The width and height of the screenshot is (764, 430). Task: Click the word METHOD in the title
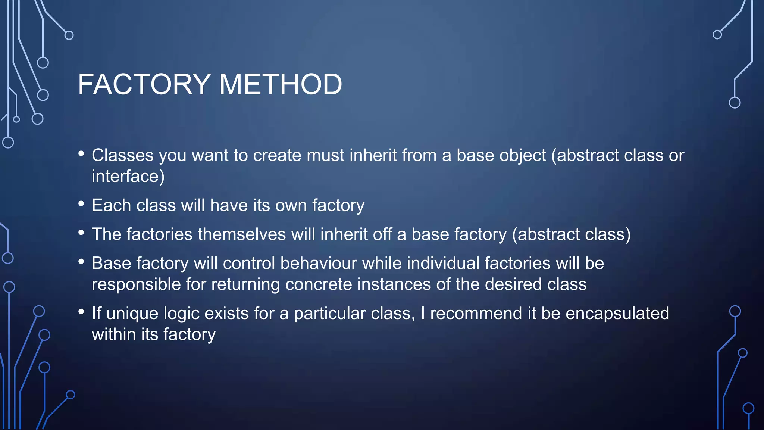pyautogui.click(x=281, y=84)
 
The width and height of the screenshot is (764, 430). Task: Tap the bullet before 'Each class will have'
pyautogui.click(x=81, y=204)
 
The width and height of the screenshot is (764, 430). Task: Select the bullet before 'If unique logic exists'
pyautogui.click(x=81, y=312)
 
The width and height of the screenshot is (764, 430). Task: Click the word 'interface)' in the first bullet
pyautogui.click(x=128, y=176)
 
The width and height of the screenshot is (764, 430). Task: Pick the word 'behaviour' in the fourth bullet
pyautogui.click(x=319, y=263)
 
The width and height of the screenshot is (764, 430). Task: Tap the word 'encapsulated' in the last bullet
pyautogui.click(x=617, y=313)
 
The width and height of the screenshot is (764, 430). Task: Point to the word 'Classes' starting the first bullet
pyautogui.click(x=123, y=155)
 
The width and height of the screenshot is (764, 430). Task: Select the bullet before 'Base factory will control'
pyautogui.click(x=81, y=262)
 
